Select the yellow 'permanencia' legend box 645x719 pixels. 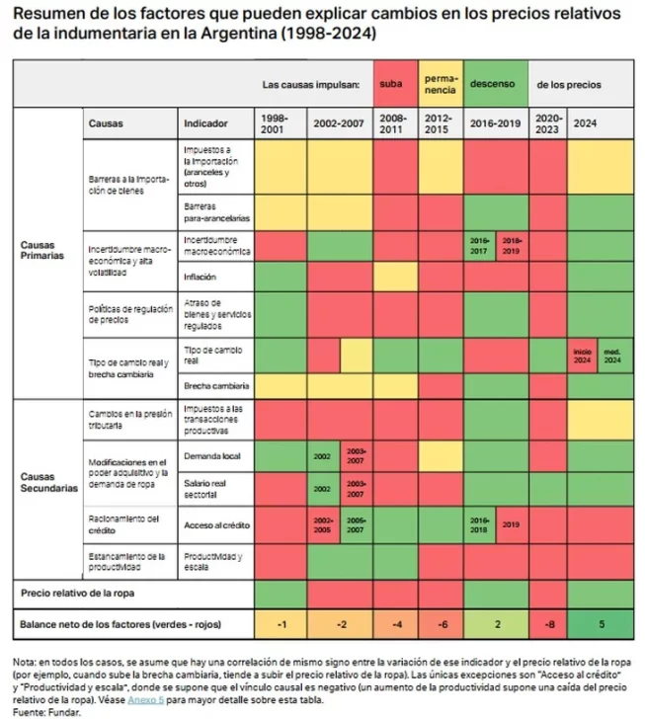click(x=440, y=85)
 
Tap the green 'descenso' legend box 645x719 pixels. click(x=493, y=85)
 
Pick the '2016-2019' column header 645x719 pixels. click(x=496, y=124)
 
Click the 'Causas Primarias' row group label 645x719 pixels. click(x=43, y=249)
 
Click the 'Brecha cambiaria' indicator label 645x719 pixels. click(x=215, y=385)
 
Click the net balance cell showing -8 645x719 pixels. click(x=549, y=625)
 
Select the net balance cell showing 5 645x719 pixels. click(x=600, y=625)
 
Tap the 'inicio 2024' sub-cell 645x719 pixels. click(x=583, y=355)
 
